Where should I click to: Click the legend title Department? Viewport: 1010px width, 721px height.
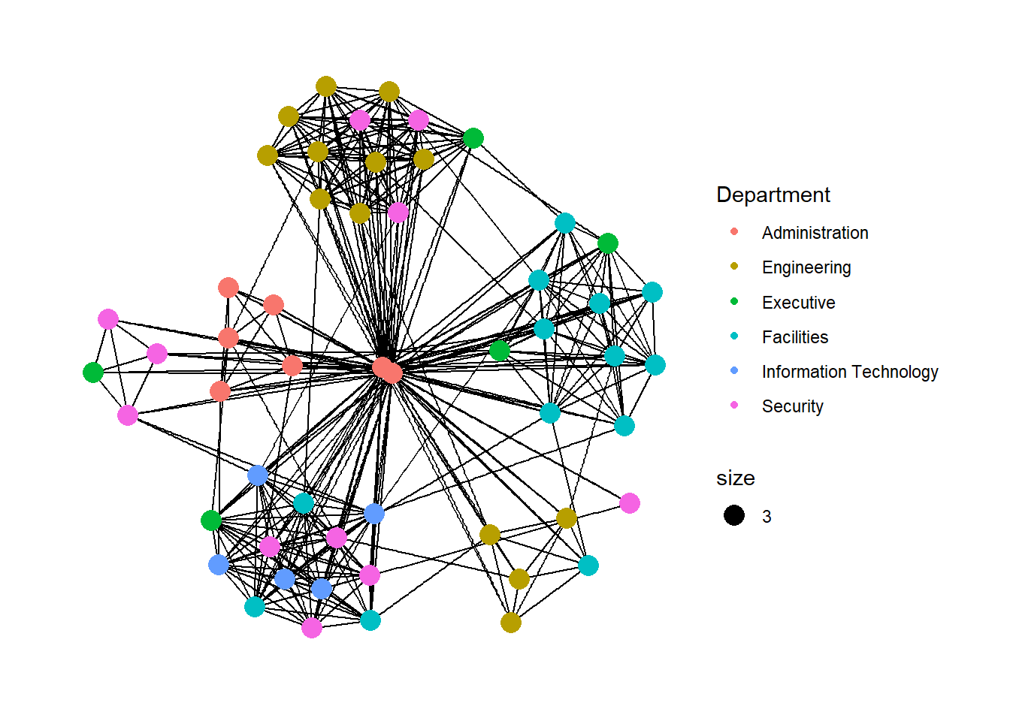[773, 195]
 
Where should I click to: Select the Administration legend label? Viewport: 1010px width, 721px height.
[815, 233]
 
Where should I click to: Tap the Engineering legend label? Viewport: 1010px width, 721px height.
[806, 267]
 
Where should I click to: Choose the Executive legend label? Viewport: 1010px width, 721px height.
[799, 303]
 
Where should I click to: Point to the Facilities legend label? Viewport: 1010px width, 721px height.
[795, 337]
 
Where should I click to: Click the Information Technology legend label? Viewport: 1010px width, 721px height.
[850, 373]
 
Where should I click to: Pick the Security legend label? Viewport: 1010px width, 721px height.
[792, 406]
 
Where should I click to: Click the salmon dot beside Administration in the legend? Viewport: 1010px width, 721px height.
[734, 231]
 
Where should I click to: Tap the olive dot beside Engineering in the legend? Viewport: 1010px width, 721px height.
[734, 267]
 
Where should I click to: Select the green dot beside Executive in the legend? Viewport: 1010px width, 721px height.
[734, 301]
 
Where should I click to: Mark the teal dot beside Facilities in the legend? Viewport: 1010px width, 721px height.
[734, 336]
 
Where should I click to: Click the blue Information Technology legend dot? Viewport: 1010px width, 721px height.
[734, 370]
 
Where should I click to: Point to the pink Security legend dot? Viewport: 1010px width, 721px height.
[734, 405]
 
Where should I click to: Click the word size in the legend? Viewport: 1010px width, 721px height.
[736, 478]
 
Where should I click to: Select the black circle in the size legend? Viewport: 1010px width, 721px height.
[734, 515]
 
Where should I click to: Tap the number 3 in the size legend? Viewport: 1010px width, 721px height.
[767, 517]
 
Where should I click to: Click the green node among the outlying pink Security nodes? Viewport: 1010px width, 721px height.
[93, 373]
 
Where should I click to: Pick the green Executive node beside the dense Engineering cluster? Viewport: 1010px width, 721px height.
[473, 138]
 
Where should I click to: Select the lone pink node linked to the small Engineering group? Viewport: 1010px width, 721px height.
[630, 503]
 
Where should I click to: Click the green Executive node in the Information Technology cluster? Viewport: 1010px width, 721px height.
[211, 521]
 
